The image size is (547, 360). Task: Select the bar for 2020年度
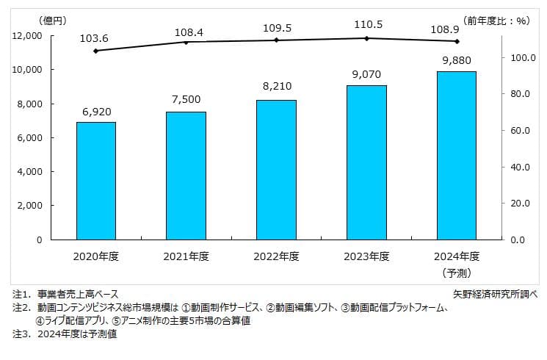pos(96,181)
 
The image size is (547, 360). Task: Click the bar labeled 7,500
pos(186,176)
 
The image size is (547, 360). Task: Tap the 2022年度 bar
pos(276,170)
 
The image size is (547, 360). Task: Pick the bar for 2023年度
pos(366,162)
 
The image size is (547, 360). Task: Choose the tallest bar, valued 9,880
pos(456,155)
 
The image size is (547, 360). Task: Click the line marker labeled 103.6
pos(96,51)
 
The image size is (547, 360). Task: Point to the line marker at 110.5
pos(366,38)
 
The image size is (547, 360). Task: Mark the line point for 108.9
pos(456,41)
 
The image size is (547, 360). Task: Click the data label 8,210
pos(276,87)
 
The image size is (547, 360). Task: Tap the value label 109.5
pos(276,27)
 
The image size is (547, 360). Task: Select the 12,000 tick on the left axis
pos(27,36)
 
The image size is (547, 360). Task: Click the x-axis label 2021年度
pos(186,256)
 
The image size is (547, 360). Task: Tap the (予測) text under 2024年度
pos(456,273)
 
